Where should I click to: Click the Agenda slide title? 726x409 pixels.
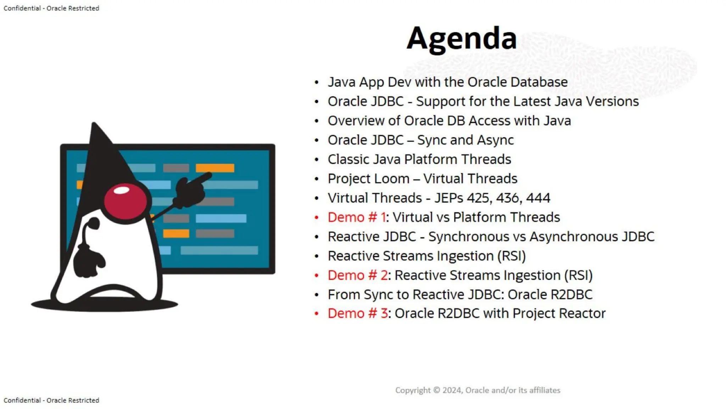click(x=461, y=38)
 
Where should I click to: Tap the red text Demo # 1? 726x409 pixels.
click(x=356, y=217)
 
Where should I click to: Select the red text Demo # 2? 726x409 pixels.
click(x=357, y=275)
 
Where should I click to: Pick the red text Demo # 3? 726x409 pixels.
click(x=357, y=313)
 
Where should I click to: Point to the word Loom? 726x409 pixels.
click(x=393, y=179)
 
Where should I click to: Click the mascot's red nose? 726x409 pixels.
click(x=125, y=201)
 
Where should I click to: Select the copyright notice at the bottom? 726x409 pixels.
click(x=478, y=390)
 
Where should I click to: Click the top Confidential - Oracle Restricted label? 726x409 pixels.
click(x=51, y=8)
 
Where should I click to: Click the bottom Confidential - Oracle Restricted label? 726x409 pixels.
click(x=51, y=400)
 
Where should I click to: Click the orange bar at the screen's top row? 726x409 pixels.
click(x=215, y=168)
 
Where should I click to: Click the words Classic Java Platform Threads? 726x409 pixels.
click(x=419, y=159)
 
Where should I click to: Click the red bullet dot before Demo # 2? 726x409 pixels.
click(x=317, y=276)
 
